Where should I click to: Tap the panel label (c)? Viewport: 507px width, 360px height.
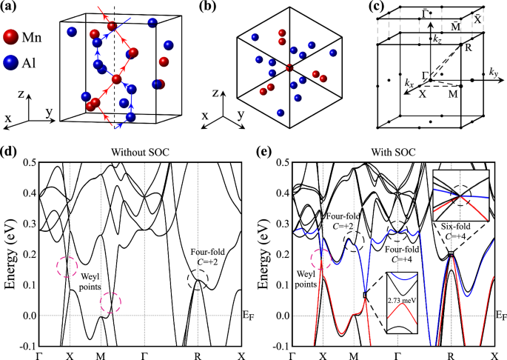(359, 9)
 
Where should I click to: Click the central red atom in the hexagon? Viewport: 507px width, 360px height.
(288, 68)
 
